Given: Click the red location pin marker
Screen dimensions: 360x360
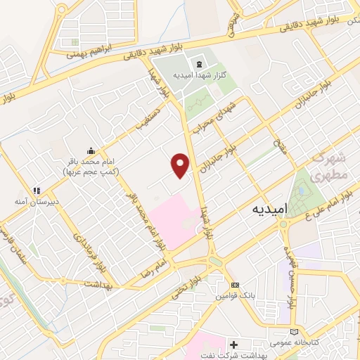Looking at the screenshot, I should [181, 165].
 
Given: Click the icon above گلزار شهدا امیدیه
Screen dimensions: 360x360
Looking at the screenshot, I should [199, 64].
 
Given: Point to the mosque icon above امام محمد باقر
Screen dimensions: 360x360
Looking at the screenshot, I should [91, 150].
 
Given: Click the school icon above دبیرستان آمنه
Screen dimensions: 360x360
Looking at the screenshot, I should [37, 190].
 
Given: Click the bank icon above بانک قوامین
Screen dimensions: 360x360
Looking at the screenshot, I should [235, 284].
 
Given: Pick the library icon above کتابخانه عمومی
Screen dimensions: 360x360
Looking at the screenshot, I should [294, 331].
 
